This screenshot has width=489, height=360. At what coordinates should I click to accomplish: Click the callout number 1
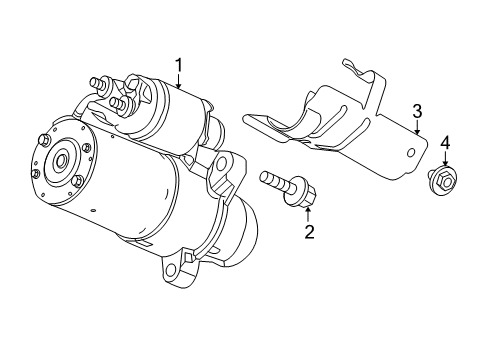click(179, 66)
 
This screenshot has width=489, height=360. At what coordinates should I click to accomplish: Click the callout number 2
click(309, 233)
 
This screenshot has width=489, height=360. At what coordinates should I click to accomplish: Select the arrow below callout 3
click(417, 127)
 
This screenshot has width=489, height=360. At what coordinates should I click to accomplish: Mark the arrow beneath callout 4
click(445, 161)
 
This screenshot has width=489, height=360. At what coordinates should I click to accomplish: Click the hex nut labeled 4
click(439, 180)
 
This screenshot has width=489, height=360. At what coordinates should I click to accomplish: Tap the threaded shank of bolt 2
click(272, 183)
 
